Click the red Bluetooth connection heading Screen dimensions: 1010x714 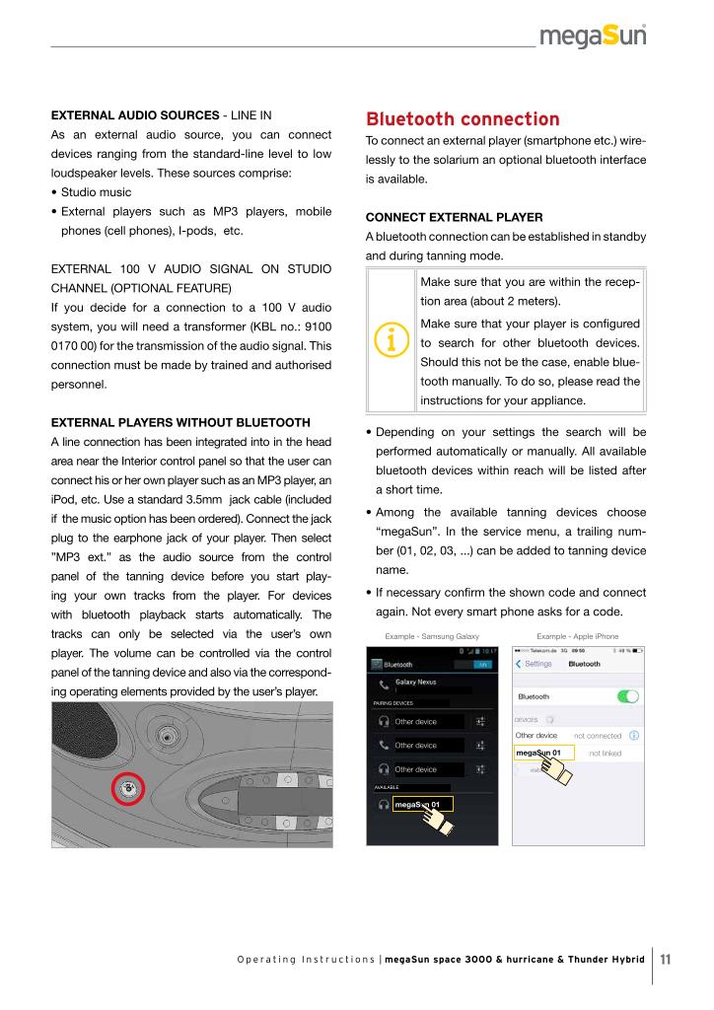pyautogui.click(x=449, y=119)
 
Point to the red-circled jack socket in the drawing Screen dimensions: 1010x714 pyautogui.click(x=127, y=787)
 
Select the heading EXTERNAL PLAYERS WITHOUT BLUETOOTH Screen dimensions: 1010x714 pyautogui.click(x=180, y=422)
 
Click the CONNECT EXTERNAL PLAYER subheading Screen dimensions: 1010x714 pyautogui.click(x=441, y=216)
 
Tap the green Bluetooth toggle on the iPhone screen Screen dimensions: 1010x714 pyautogui.click(x=628, y=696)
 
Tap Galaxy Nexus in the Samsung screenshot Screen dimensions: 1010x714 pyautogui.click(x=415, y=682)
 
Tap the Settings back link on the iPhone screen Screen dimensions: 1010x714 pyautogui.click(x=535, y=664)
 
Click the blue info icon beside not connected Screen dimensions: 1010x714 pyautogui.click(x=633, y=735)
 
